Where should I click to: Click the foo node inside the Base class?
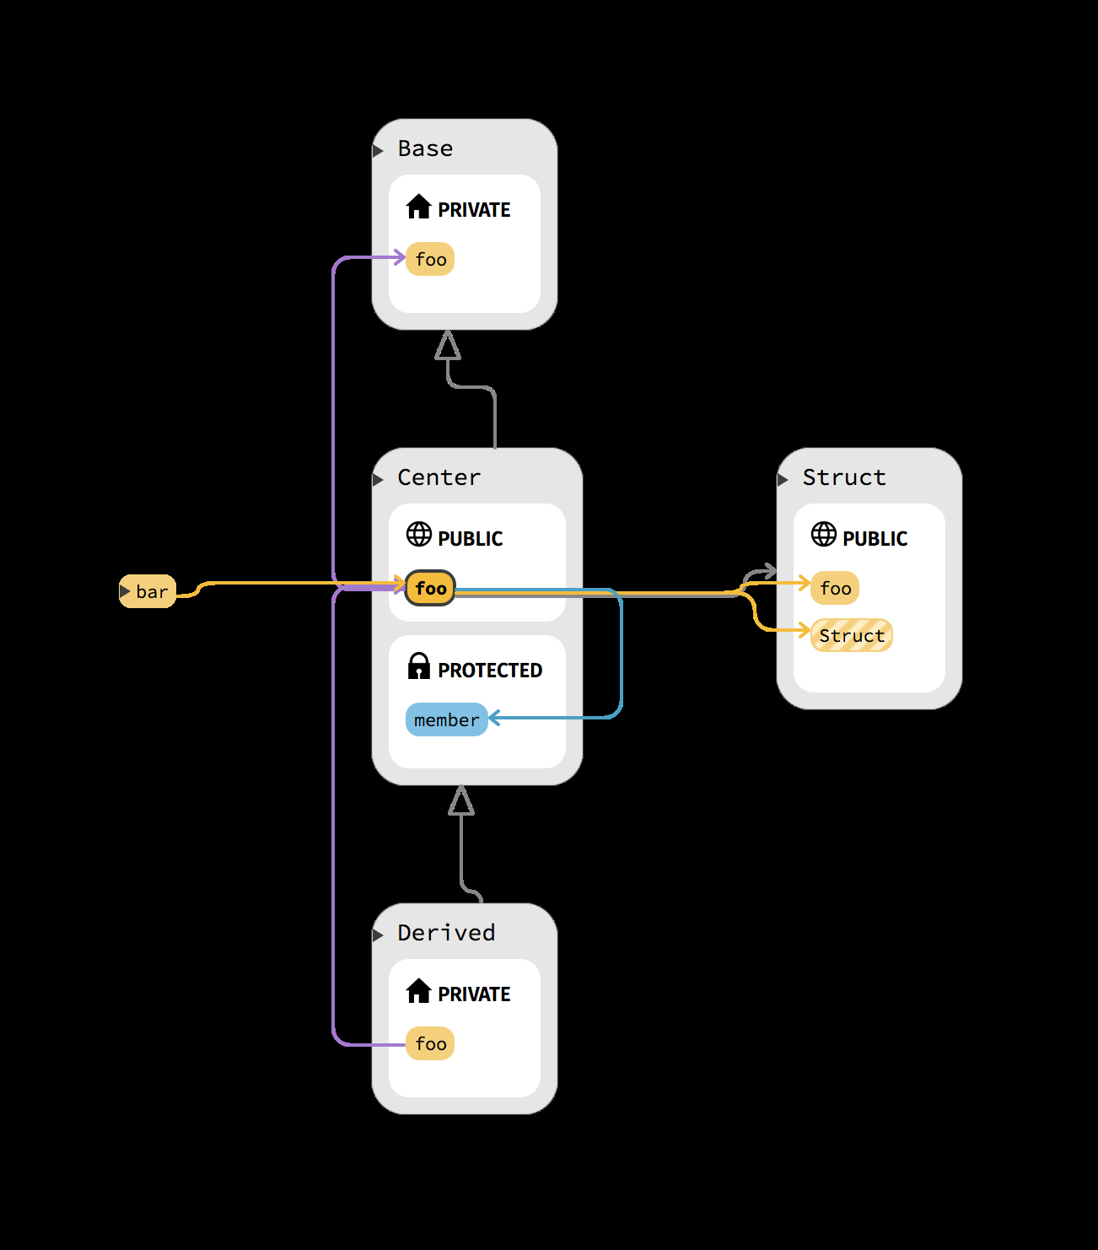coord(430,259)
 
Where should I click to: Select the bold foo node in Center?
coord(430,588)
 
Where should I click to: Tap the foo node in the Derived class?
coord(430,1043)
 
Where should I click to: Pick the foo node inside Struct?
coord(835,588)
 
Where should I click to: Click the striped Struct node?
coord(851,635)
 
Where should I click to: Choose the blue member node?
coord(447,719)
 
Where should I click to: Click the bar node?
coord(148,591)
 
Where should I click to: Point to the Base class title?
coord(425,148)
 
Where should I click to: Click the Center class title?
coord(439,477)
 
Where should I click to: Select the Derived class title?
coord(446,933)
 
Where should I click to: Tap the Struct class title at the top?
coord(844,477)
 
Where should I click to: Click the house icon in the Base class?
coord(418,206)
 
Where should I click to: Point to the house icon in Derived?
coord(418,990)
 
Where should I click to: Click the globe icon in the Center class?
coord(419,534)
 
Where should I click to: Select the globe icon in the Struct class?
coord(823,534)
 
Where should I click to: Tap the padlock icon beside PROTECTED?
coord(419,665)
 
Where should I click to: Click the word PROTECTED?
coord(490,670)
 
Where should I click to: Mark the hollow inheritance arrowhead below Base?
coord(448,345)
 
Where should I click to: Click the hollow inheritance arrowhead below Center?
coord(461,800)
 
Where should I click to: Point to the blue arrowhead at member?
coord(493,718)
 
